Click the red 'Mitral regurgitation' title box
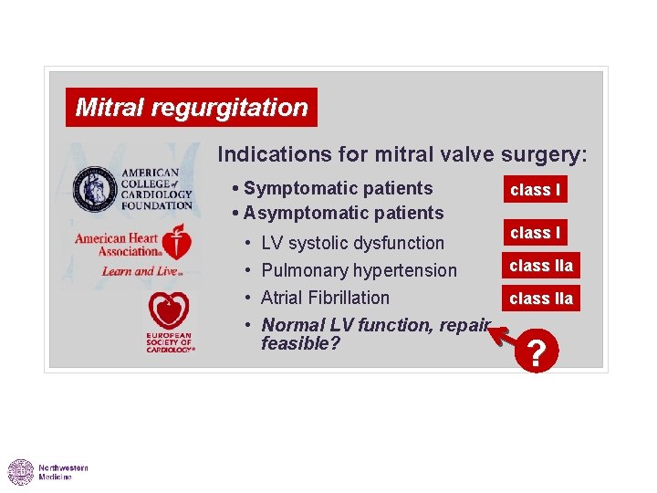(x=192, y=108)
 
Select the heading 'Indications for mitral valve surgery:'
(x=402, y=154)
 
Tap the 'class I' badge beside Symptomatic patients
(x=535, y=190)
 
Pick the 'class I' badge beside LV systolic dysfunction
(x=535, y=233)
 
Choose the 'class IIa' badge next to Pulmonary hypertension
(x=541, y=266)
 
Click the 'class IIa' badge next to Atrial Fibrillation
(x=541, y=299)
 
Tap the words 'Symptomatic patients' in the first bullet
(x=338, y=188)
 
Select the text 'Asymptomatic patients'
(x=343, y=213)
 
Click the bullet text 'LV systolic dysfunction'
(x=352, y=243)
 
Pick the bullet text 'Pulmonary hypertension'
(x=359, y=270)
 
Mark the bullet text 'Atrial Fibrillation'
(x=325, y=298)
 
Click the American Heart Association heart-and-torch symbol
(x=178, y=244)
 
